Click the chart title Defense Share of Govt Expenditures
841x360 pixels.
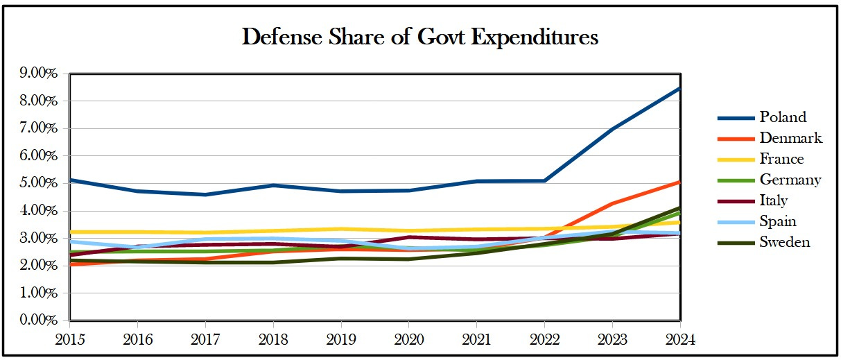[419, 37]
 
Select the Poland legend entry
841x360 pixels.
[782, 117]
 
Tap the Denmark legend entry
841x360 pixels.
[790, 138]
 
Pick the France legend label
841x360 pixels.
[781, 159]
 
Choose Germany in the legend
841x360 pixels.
[790, 180]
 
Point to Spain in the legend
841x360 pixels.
[777, 221]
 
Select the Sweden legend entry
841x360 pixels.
[785, 242]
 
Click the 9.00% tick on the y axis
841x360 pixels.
[39, 73]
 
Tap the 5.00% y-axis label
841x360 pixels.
[39, 183]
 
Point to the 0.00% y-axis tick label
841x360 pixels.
[39, 320]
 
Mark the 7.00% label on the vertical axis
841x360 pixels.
[39, 128]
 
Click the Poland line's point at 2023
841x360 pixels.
[612, 129]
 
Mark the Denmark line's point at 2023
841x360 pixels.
[612, 203]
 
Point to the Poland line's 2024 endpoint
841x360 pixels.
[679, 88]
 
